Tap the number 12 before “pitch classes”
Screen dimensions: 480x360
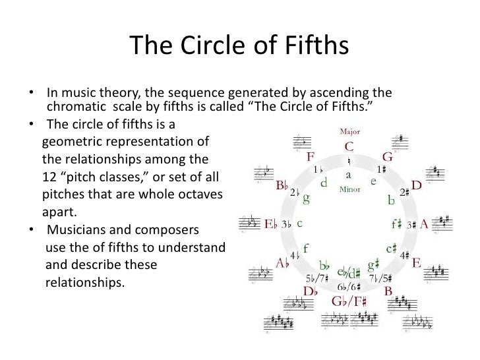click(49, 177)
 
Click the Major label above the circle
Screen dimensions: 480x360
click(349, 131)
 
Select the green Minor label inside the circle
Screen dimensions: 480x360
click(349, 189)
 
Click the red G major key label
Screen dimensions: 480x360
click(388, 158)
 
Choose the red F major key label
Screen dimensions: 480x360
click(310, 158)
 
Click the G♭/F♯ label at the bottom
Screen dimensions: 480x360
click(349, 301)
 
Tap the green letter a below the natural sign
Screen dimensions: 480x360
click(349, 175)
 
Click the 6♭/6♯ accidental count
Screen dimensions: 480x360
click(349, 287)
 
